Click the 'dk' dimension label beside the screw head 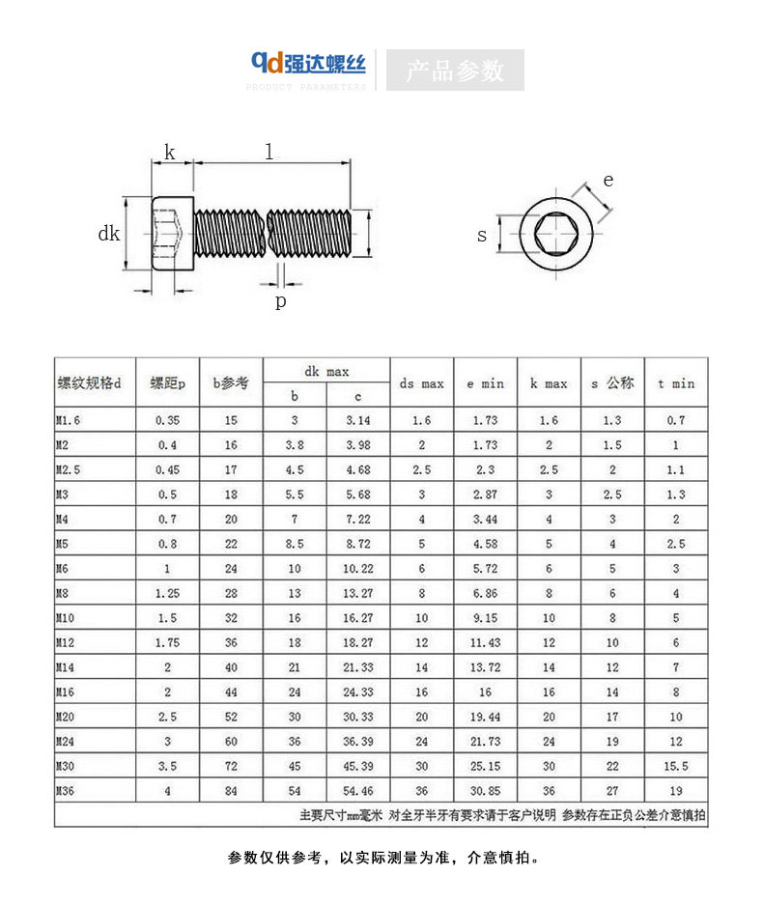[x=108, y=234]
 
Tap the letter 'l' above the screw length [x=268, y=152]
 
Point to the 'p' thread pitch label [x=280, y=301]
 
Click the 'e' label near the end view [x=608, y=181]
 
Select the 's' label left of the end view [x=482, y=236]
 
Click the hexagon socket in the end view [x=555, y=234]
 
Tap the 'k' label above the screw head [x=170, y=153]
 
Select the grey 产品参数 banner [x=455, y=71]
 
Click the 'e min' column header [x=485, y=384]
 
